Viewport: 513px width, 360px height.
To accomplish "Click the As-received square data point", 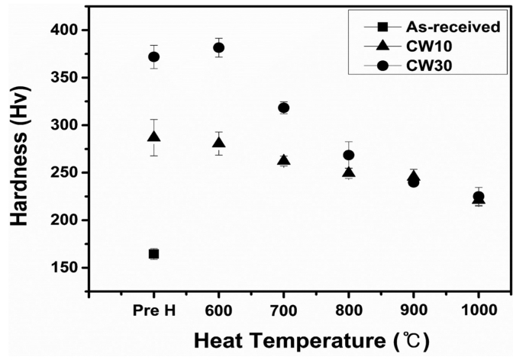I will tap(153, 254).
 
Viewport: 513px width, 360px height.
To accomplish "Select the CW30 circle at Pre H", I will tap(153, 56).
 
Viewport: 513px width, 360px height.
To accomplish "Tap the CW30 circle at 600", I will tap(218, 47).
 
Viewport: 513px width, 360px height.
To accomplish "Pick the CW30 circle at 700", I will tap(284, 108).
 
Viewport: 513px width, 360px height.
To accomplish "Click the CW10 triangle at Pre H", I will tap(153, 137).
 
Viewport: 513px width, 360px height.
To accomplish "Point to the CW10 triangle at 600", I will tap(218, 143).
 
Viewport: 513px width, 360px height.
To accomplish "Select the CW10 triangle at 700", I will tap(284, 160).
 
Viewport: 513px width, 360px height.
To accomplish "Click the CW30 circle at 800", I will tap(349, 155).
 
